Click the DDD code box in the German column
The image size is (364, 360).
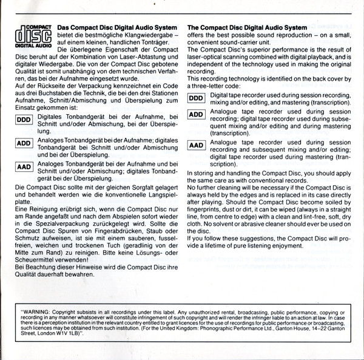click(x=22, y=120)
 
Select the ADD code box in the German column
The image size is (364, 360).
click(x=22, y=143)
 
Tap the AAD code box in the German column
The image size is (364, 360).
click(x=22, y=167)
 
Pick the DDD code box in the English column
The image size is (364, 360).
click(x=195, y=98)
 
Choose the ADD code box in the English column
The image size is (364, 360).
click(x=195, y=115)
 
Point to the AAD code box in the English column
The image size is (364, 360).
click(x=195, y=146)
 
